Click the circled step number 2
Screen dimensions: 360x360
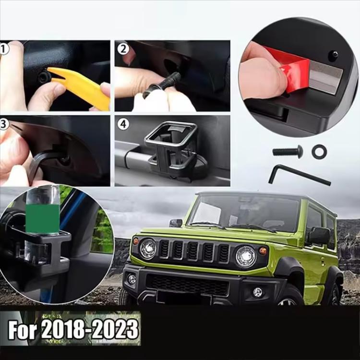point(123,49)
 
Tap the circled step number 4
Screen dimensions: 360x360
point(123,124)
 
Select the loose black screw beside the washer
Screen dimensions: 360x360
point(288,152)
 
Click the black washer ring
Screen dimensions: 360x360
point(319,152)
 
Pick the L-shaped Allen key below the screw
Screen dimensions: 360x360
point(299,175)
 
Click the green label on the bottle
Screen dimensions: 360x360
point(43,219)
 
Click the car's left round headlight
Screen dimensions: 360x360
point(148,249)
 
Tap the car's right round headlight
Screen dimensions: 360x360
point(246,257)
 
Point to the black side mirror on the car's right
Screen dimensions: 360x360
point(318,236)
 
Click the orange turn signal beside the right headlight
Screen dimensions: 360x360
point(263,251)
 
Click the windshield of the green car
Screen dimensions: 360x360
point(243,212)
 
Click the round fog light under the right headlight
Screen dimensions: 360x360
point(257,292)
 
